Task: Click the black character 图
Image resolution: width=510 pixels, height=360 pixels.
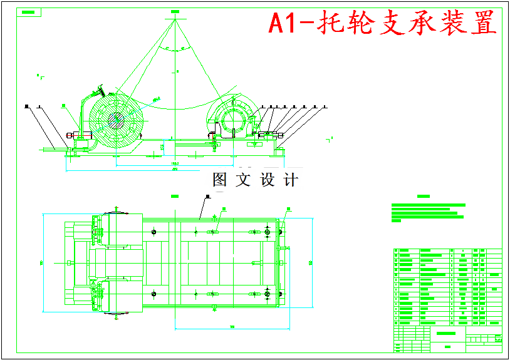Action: tap(220, 180)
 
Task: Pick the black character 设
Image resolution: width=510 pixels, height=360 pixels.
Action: tap(268, 180)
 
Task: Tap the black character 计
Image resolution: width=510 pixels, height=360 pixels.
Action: tap(291, 180)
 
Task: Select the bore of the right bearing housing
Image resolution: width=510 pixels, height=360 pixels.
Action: tap(230, 119)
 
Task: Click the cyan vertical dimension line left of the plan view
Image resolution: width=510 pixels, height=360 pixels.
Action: tap(43, 262)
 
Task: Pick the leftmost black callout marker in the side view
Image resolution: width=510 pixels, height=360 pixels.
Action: tap(27, 106)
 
